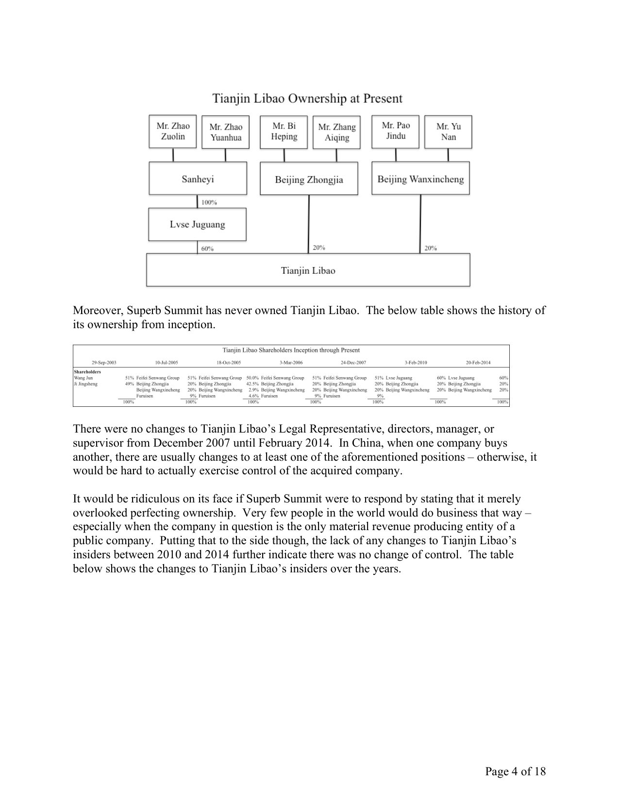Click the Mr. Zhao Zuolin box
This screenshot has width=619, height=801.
(x=173, y=131)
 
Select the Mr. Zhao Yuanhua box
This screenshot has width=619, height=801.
(x=226, y=132)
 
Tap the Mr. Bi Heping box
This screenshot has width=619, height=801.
(x=284, y=131)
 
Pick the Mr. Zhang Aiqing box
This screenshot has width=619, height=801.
(x=337, y=132)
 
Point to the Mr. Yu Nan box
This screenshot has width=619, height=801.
(x=448, y=132)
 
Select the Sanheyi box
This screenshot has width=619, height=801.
(x=198, y=179)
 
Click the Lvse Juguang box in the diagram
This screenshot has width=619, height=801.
(x=197, y=224)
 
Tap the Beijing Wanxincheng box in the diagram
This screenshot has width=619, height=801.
(x=420, y=179)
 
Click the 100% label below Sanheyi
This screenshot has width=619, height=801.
(x=209, y=202)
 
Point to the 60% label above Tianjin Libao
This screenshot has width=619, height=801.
(x=207, y=249)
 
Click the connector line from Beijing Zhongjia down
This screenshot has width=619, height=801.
(x=309, y=223)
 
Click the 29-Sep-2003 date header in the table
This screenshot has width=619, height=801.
(x=104, y=363)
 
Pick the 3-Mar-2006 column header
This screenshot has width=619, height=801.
(x=291, y=363)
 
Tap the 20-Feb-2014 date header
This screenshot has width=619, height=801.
(x=478, y=363)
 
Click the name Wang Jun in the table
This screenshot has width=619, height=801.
(x=83, y=378)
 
